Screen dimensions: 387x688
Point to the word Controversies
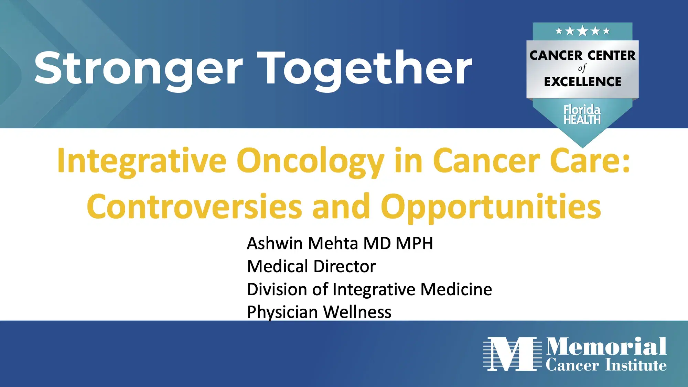(x=194, y=207)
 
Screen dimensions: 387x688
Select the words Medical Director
(x=311, y=266)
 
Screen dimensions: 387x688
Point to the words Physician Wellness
(x=319, y=312)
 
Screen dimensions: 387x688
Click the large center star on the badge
(x=582, y=31)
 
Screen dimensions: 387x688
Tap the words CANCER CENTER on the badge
(x=582, y=55)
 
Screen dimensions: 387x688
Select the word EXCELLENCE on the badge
(x=582, y=82)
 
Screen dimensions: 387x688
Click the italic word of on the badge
(x=582, y=68)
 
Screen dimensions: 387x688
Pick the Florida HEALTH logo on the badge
(x=582, y=114)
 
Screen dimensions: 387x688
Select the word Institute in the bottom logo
(x=636, y=365)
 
